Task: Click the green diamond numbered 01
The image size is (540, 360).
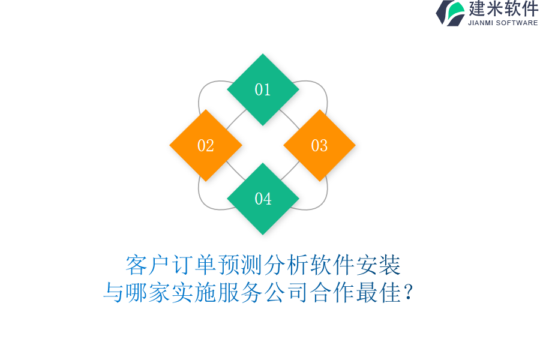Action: point(263,89)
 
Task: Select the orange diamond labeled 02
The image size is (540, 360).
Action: point(206,145)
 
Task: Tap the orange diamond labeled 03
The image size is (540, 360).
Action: point(319,145)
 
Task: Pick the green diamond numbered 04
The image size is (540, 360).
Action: point(263,199)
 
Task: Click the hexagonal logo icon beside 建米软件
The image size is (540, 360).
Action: point(451,13)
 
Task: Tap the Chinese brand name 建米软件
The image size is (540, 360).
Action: point(503,9)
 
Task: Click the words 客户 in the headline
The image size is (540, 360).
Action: point(148,265)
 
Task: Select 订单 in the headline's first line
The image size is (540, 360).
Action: point(194,265)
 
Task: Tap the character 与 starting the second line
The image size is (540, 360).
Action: point(114,293)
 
